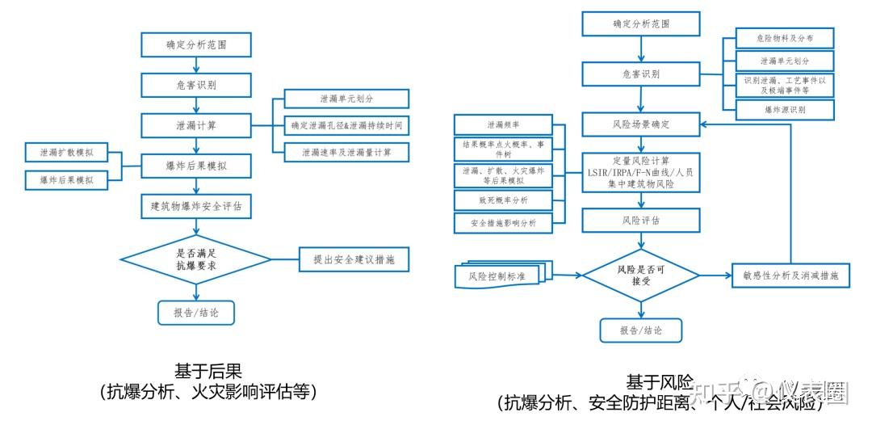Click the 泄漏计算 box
(x=195, y=125)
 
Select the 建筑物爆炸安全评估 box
(x=195, y=206)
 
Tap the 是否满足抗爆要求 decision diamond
(x=195, y=259)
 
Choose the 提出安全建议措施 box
(x=354, y=259)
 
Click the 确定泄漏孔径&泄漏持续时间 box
(x=346, y=125)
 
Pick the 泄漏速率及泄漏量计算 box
(x=346, y=152)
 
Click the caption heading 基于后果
(x=208, y=371)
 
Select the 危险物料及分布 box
(x=784, y=38)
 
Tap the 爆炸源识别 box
(x=784, y=108)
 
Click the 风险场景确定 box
(x=641, y=125)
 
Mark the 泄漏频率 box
(x=502, y=125)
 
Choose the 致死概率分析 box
(x=502, y=199)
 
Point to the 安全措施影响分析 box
(x=502, y=222)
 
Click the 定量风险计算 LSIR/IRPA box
(x=641, y=171)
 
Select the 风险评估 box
(x=641, y=220)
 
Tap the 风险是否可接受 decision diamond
(x=641, y=275)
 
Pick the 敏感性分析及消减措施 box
(x=790, y=275)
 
